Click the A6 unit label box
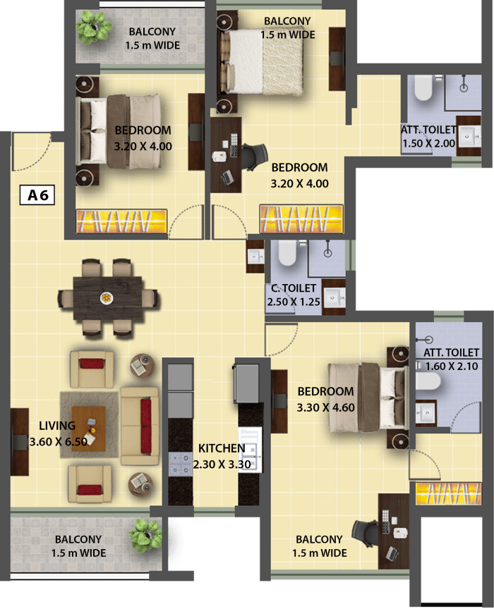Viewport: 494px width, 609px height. click(37, 195)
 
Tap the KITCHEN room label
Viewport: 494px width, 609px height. click(222, 448)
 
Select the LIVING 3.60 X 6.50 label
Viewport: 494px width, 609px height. click(58, 433)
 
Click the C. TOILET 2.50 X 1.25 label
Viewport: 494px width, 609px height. click(294, 295)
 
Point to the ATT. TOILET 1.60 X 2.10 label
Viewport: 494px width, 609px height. click(451, 359)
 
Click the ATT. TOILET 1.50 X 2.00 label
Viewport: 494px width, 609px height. click(428, 136)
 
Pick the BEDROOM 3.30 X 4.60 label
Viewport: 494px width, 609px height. click(325, 399)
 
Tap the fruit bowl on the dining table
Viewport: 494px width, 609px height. click(106, 298)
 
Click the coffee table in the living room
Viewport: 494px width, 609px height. click(89, 429)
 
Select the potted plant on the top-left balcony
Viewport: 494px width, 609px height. click(93, 27)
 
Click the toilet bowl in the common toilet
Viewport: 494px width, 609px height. click(287, 252)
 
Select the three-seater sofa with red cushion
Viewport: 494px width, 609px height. click(140, 426)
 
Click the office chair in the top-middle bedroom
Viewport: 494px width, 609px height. click(254, 156)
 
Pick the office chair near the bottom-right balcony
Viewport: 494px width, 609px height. click(364, 534)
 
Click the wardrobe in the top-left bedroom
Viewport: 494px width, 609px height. click(122, 222)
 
